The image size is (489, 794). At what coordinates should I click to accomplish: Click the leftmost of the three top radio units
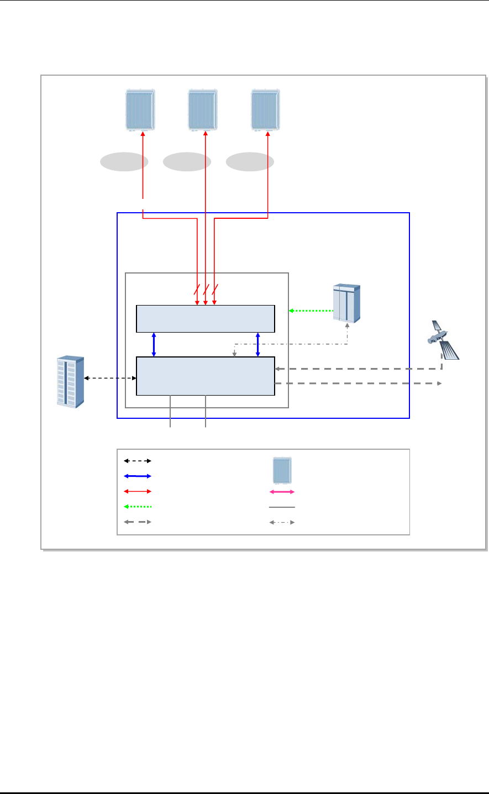140,109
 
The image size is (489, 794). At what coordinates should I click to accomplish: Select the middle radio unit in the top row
203,109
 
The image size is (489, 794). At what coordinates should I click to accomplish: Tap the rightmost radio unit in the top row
266,109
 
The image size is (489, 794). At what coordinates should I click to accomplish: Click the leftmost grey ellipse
124,162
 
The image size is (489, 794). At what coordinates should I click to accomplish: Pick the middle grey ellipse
187,162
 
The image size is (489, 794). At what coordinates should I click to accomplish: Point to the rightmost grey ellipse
250,162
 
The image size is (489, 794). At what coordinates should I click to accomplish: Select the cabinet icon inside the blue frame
346,303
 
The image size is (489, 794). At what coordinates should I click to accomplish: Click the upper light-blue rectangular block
205,318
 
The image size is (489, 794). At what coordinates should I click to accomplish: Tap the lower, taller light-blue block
205,376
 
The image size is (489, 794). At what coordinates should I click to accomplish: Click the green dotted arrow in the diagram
311,311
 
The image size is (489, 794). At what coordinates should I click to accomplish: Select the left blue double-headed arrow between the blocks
154,344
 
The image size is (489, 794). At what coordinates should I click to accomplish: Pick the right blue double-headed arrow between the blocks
258,344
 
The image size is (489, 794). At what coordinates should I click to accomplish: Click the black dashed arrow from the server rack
110,378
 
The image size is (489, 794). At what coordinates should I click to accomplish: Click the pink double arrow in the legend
282,491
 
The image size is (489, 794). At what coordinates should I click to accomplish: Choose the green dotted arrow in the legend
137,507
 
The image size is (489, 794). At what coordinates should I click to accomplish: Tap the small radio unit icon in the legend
282,470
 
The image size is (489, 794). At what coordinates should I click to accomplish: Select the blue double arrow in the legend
137,476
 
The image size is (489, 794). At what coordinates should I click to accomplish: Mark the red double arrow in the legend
137,491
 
